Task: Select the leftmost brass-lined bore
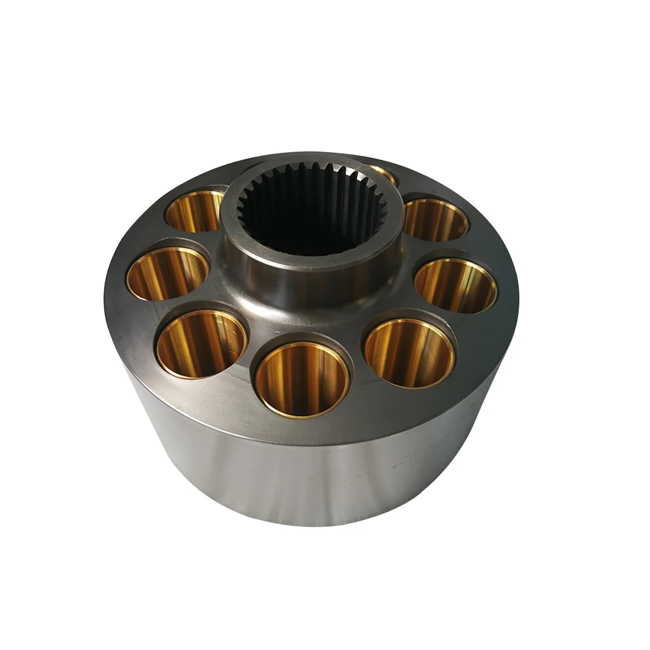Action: coord(167,274)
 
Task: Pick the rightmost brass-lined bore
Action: coord(456,285)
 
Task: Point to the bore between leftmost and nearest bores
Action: coord(201,343)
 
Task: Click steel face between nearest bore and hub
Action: coord(305,322)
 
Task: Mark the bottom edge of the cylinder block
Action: coord(312,523)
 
